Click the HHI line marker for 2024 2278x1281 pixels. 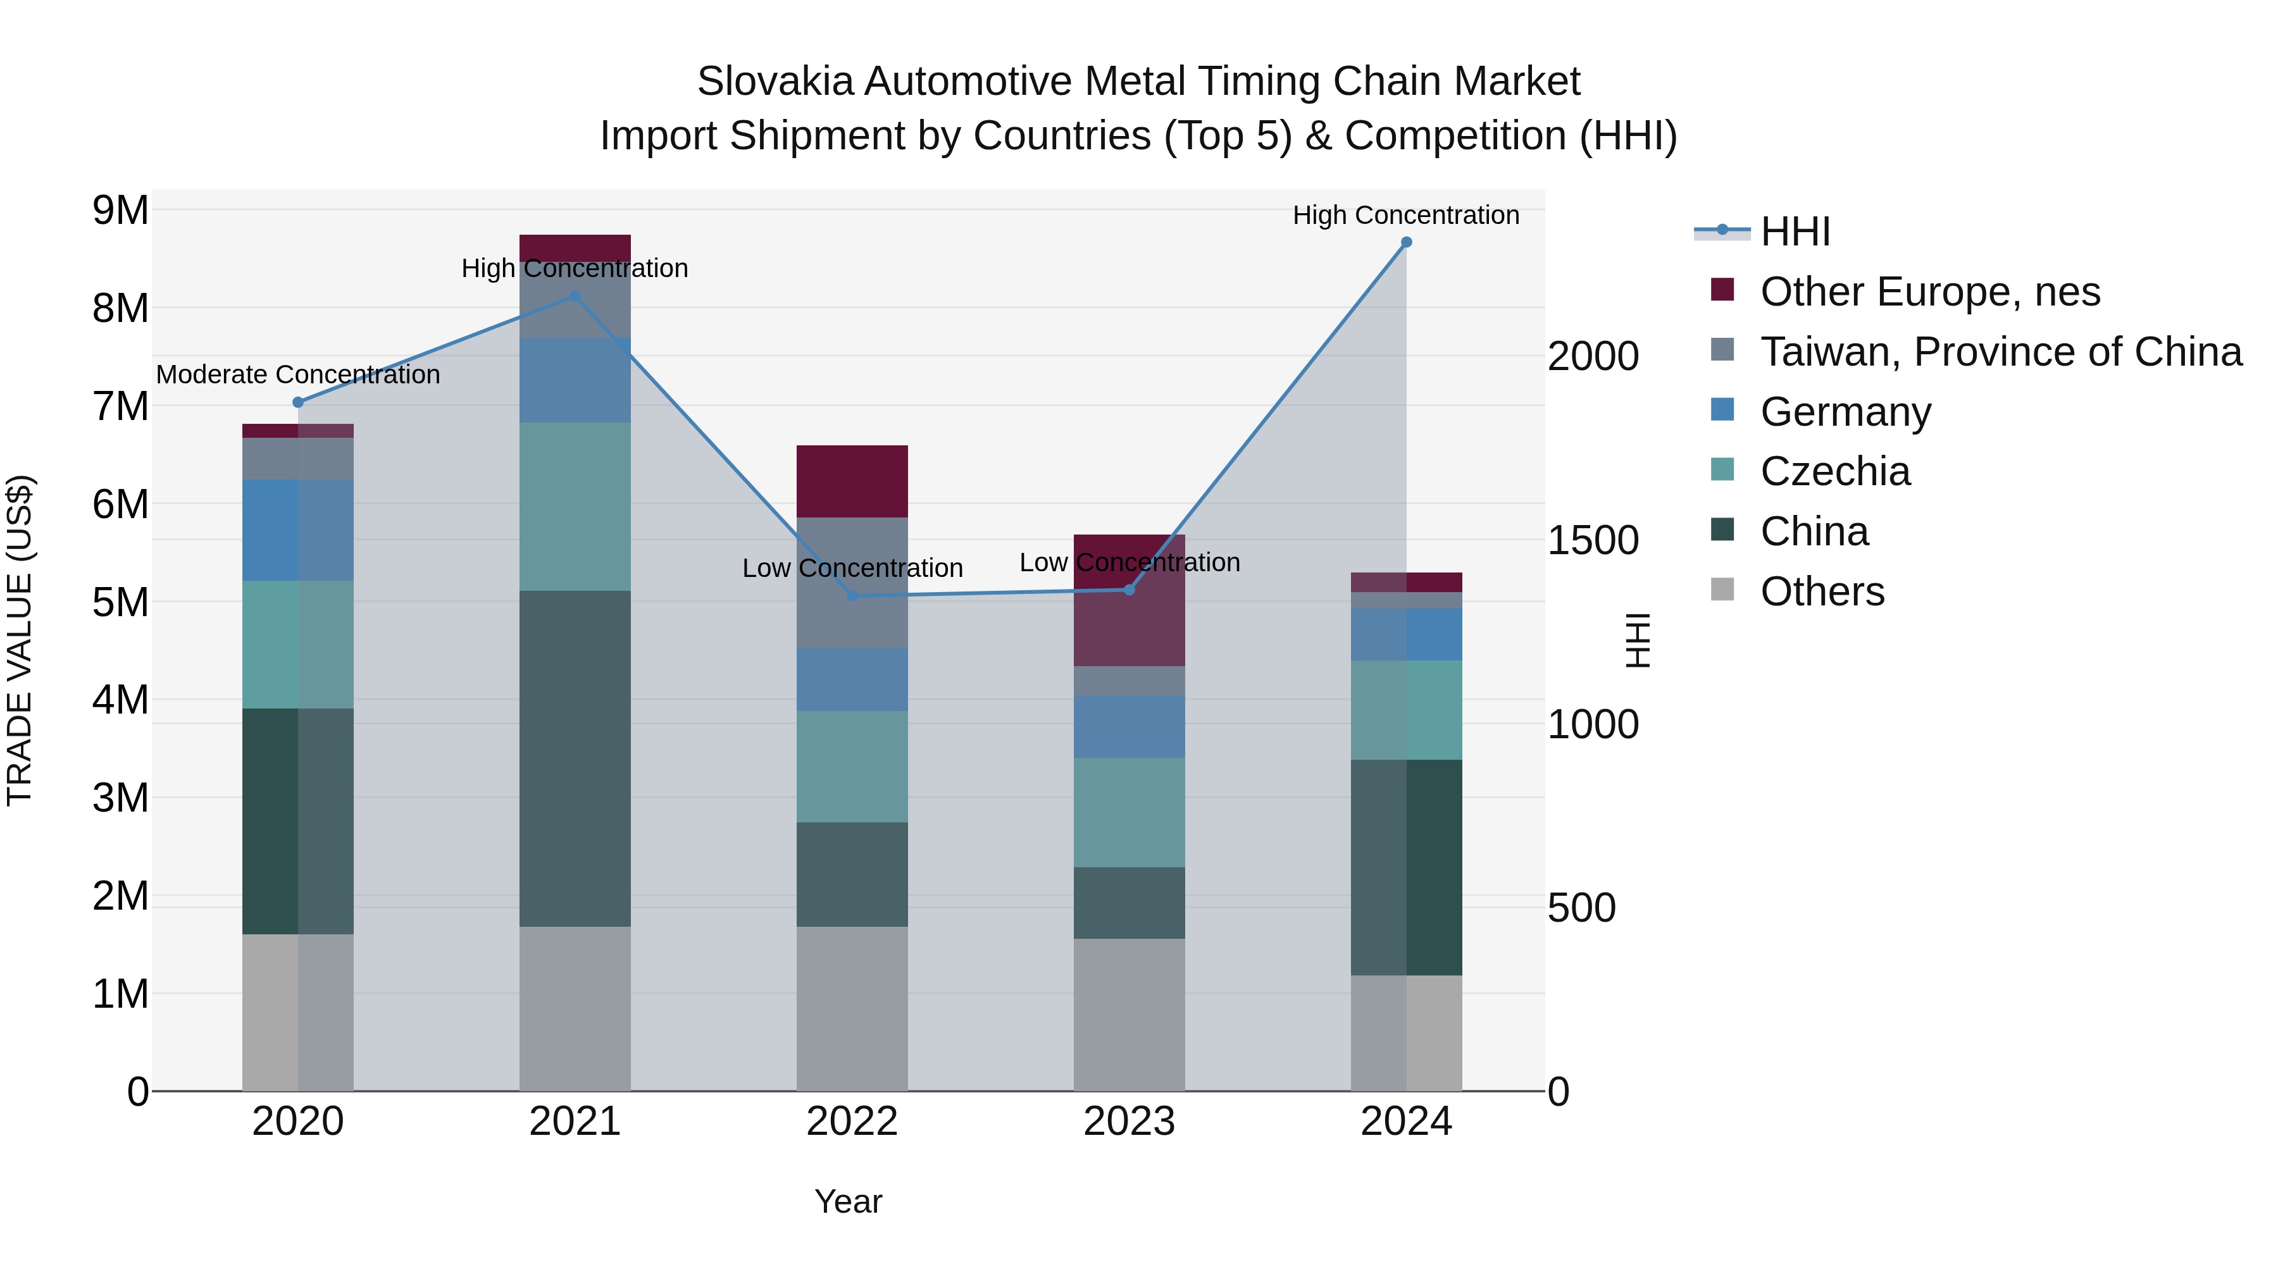pos(1406,242)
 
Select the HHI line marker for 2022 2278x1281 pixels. pos(852,596)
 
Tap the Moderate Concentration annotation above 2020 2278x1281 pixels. pos(298,375)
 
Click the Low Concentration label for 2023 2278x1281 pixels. pos(1130,562)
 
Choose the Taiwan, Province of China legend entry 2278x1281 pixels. pos(2000,352)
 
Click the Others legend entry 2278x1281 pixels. pos(1822,591)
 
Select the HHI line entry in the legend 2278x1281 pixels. pos(1795,232)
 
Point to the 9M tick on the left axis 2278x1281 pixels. pos(120,211)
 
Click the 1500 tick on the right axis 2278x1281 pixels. pos(1593,540)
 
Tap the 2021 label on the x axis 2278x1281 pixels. pos(575,1122)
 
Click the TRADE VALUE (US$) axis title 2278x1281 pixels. pos(20,640)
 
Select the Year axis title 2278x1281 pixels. pos(848,1201)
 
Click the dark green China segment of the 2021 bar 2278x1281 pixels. pos(575,758)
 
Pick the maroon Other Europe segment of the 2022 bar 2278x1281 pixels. pos(852,482)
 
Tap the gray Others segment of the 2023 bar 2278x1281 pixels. pos(1130,1014)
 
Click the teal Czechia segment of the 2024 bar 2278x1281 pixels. pos(1406,710)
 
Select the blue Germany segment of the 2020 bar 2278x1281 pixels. pos(298,531)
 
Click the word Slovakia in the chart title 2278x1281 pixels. pos(776,82)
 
